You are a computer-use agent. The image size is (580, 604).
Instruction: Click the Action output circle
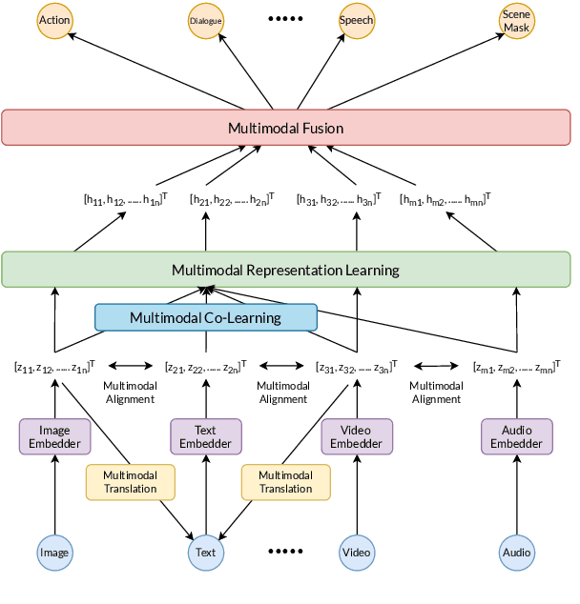54,20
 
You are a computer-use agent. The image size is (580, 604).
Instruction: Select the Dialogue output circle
206,20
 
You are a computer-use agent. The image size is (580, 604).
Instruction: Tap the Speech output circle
357,20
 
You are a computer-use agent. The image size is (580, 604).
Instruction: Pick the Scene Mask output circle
517,21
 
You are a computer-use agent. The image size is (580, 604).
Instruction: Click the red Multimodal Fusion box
285,128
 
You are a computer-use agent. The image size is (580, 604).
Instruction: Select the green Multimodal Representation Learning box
285,270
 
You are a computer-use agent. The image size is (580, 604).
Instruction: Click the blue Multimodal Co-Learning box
205,317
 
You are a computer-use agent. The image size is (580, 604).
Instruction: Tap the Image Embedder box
54,436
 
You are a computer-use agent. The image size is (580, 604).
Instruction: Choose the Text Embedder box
206,436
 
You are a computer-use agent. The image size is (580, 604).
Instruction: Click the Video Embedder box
357,436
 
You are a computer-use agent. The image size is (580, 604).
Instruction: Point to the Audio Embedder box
517,436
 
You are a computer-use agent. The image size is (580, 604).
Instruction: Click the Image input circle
54,552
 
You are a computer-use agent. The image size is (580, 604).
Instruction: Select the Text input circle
206,552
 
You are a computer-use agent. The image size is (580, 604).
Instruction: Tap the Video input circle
357,552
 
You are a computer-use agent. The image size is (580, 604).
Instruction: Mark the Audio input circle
517,552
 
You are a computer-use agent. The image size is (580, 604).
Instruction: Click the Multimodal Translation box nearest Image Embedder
131,482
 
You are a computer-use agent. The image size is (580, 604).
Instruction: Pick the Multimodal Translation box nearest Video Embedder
285,482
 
